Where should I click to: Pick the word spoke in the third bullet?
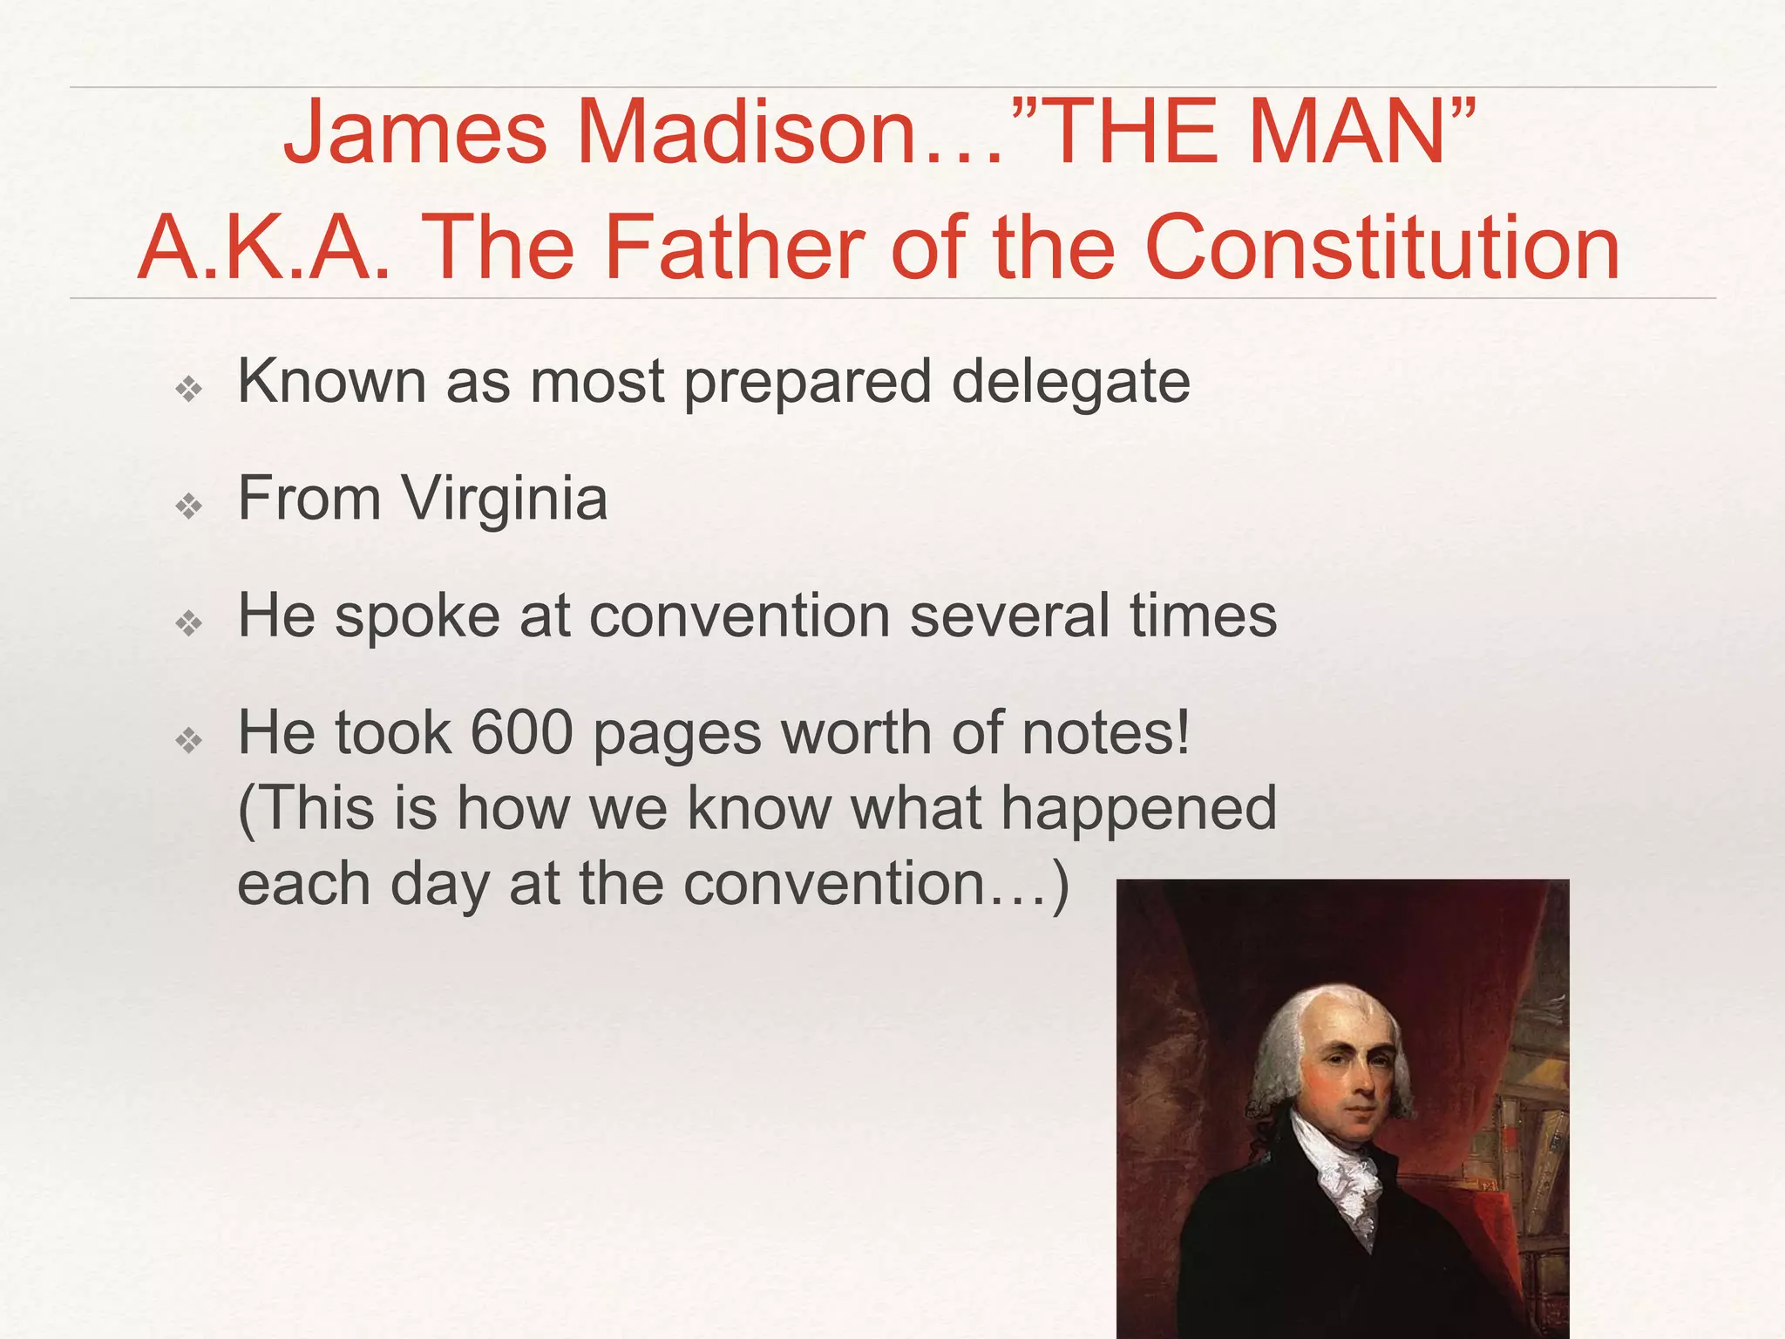coord(417,615)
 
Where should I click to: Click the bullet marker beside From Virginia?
coord(188,506)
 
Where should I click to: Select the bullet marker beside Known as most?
coord(188,389)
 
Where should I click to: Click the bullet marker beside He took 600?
coord(188,740)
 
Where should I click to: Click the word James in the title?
coord(415,133)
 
